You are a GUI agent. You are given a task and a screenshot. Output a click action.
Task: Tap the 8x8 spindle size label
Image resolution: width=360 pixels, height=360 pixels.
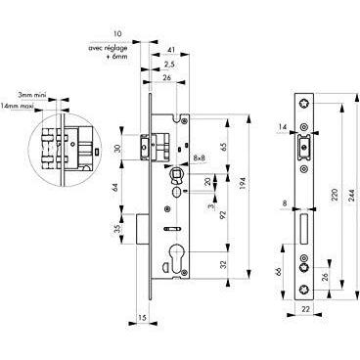click(x=199, y=157)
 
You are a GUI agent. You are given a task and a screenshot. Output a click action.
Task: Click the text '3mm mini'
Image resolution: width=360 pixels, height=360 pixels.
click(x=32, y=95)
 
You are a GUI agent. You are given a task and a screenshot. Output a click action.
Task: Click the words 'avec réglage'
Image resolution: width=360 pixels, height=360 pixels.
click(x=108, y=48)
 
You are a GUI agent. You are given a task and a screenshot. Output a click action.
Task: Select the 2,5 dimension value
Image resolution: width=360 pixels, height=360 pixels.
click(x=169, y=65)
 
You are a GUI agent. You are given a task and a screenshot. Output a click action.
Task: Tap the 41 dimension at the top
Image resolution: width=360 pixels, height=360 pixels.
click(x=171, y=50)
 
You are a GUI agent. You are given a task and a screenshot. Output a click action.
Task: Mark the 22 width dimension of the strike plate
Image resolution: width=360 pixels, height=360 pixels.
click(x=305, y=309)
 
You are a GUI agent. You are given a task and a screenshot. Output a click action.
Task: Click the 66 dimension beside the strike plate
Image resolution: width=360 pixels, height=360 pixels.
click(x=279, y=272)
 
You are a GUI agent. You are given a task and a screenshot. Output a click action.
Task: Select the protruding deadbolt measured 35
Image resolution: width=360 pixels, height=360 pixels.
click(x=142, y=229)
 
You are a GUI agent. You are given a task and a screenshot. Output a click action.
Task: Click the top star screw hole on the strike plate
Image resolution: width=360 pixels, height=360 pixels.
click(x=304, y=105)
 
